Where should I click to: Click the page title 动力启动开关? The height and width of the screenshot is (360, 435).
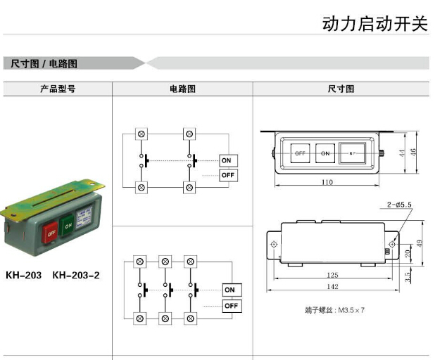374,23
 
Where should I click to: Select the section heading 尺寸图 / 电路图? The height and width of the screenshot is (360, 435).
44,63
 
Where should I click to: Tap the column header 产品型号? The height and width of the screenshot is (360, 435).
57,89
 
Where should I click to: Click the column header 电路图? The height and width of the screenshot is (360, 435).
182,89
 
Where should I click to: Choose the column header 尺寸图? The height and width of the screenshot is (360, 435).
341,89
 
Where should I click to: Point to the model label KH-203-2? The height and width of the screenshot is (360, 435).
76,275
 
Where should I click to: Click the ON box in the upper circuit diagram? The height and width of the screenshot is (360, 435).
228,160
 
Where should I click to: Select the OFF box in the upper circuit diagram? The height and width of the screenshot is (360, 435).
228,175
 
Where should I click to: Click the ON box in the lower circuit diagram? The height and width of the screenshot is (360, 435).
231,290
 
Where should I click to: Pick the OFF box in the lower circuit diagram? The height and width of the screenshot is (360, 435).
231,306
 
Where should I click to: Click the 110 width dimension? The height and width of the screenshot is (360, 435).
327,182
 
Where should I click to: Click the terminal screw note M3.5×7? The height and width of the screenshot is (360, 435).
335,309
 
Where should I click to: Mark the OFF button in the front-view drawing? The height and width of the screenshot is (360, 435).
300,153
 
